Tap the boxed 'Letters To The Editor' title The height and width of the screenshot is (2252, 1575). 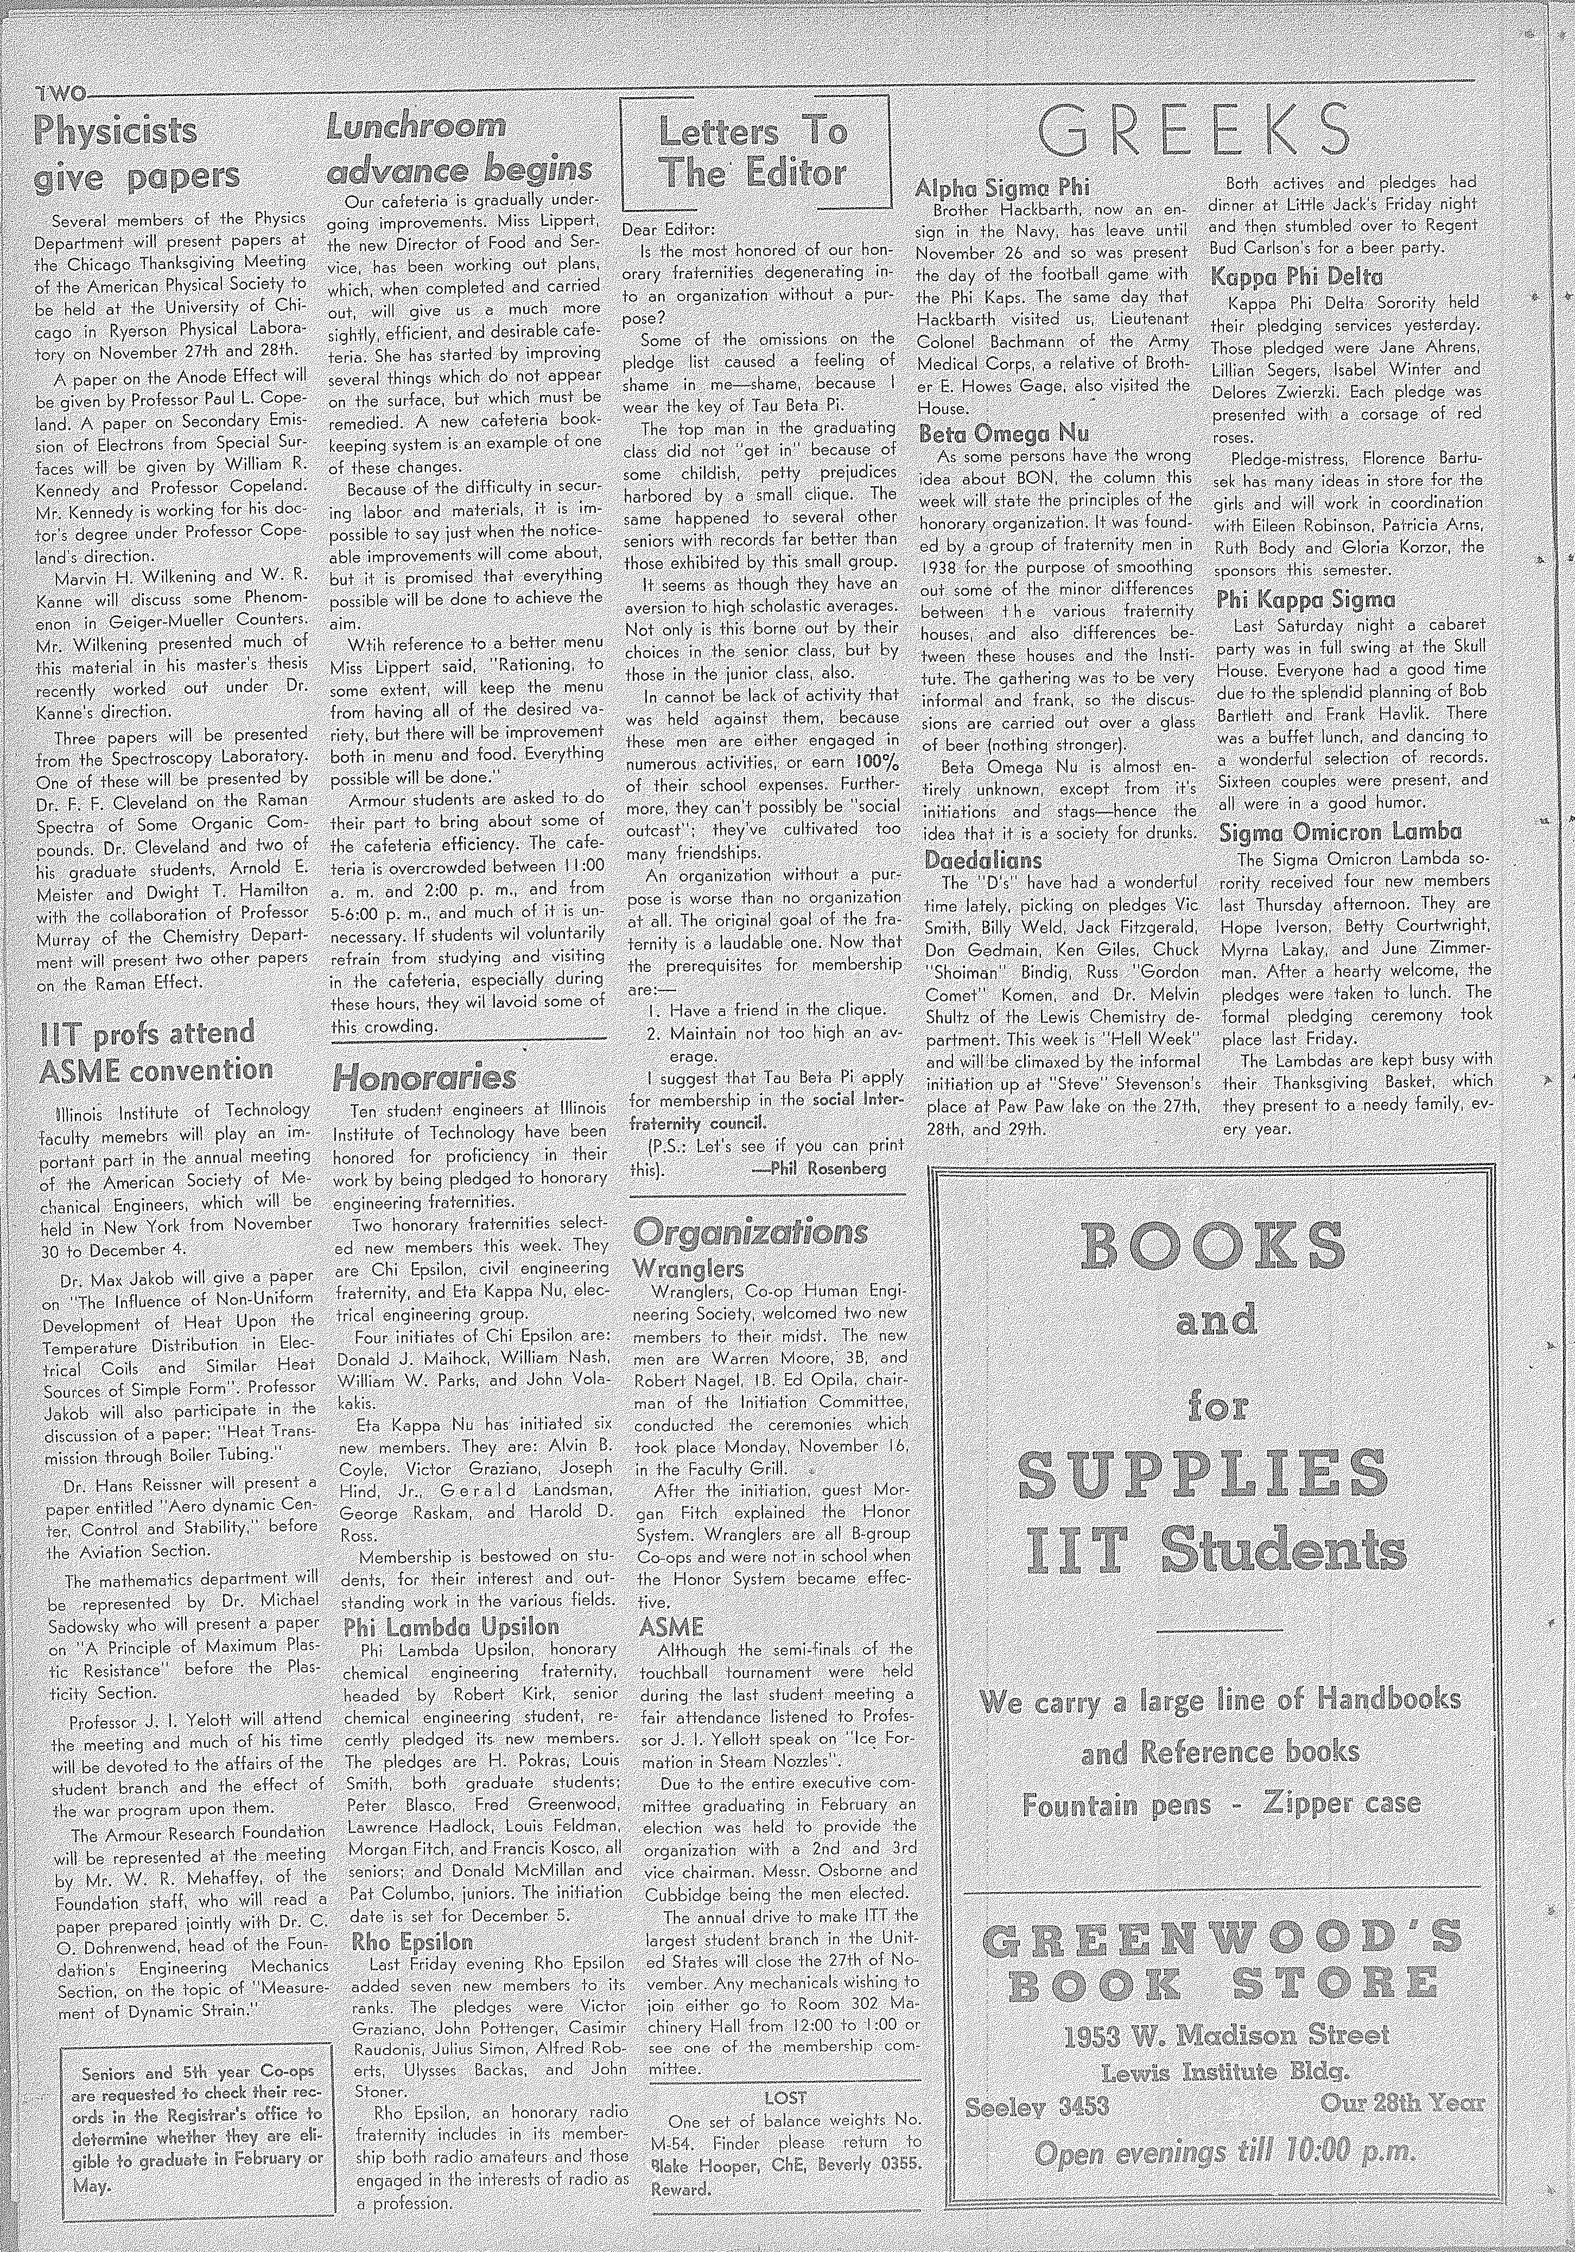click(752, 152)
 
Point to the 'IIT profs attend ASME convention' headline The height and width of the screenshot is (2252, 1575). click(155, 1051)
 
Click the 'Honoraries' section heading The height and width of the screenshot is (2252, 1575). click(424, 1078)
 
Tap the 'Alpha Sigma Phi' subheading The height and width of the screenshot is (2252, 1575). click(1002, 186)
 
